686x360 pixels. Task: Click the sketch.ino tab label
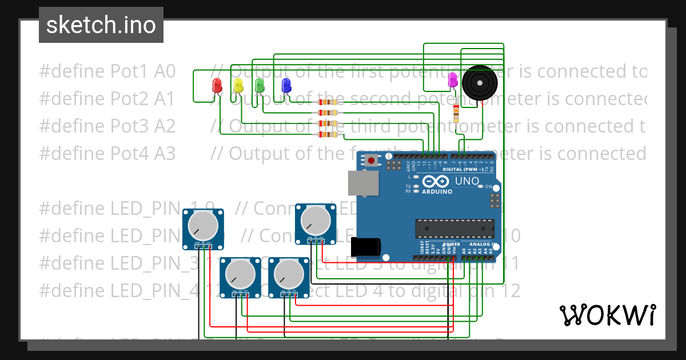(101, 25)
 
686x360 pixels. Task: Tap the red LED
(217, 86)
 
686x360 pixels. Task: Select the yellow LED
(238, 86)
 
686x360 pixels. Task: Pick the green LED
(260, 86)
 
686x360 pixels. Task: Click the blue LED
(286, 86)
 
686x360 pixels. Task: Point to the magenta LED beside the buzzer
(453, 79)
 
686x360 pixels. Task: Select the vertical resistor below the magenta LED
(456, 113)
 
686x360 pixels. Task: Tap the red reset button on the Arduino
(372, 161)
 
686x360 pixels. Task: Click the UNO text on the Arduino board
(466, 181)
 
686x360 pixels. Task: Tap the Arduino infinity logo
(436, 182)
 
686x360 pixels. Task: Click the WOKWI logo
(607, 315)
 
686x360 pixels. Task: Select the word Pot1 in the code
(130, 71)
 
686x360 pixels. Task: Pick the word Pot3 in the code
(130, 126)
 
